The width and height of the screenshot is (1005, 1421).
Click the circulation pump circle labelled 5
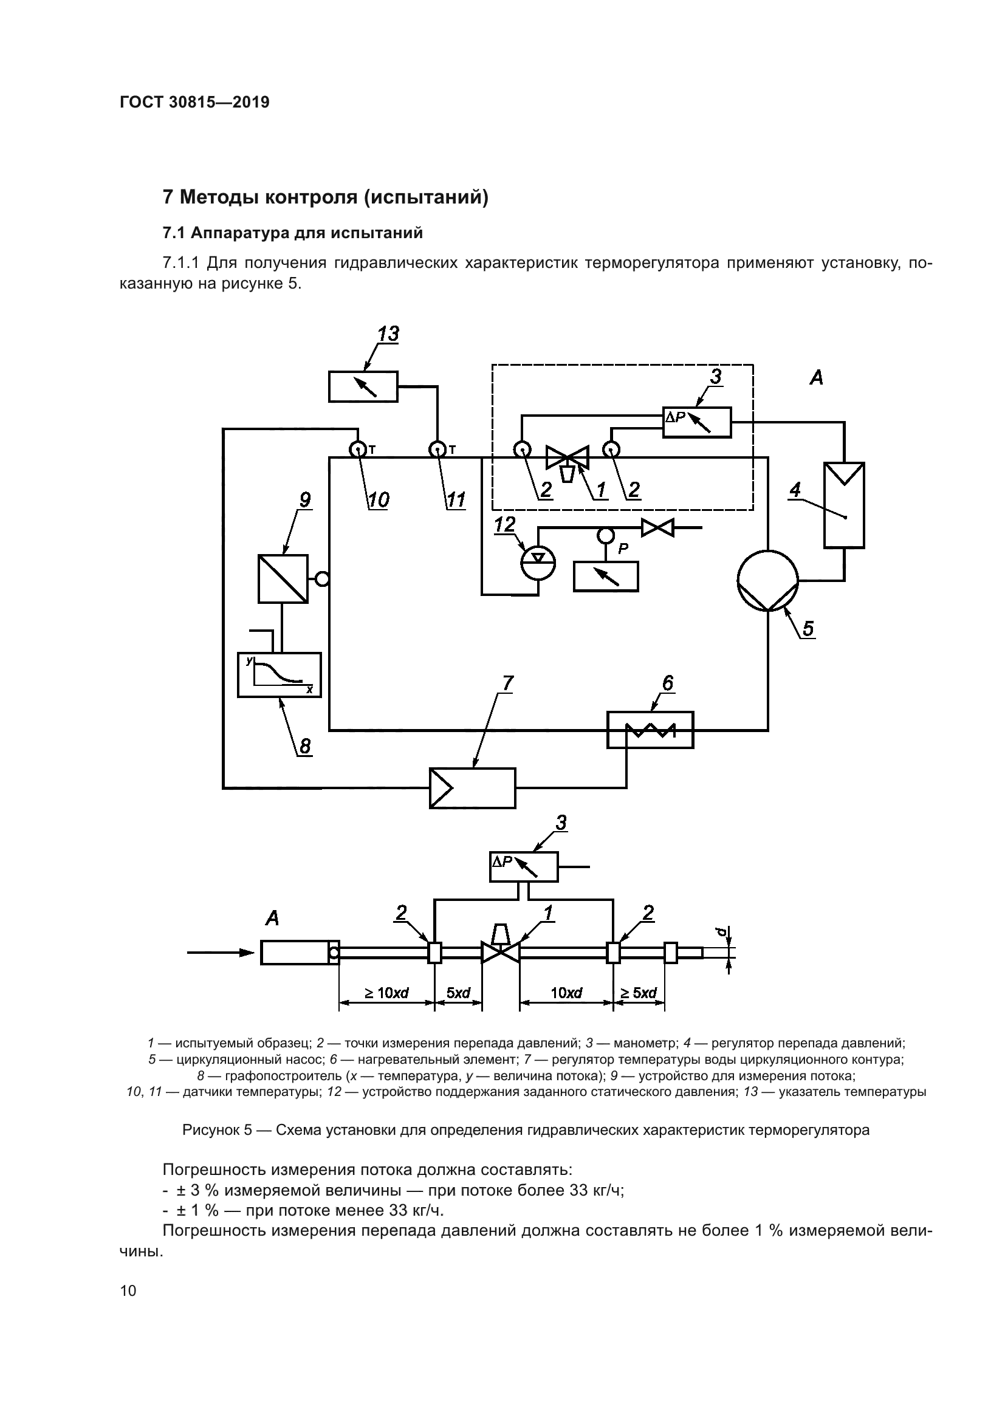click(x=767, y=580)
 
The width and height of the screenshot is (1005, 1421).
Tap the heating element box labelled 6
click(x=650, y=730)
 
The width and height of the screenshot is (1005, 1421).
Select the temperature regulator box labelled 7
click(x=473, y=788)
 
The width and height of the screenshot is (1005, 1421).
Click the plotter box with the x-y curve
click(x=280, y=674)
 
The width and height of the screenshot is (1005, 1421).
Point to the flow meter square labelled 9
click(x=283, y=579)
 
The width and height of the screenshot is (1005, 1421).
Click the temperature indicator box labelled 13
click(x=363, y=387)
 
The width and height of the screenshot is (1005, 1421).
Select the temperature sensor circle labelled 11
click(x=438, y=450)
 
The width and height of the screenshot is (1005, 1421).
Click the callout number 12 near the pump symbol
click(x=505, y=525)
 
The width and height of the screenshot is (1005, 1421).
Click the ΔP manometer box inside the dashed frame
click(x=696, y=422)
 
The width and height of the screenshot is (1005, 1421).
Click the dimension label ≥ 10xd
click(x=386, y=993)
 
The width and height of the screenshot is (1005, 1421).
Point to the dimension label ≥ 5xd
click(x=639, y=993)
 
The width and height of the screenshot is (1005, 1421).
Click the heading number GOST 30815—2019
click(x=194, y=102)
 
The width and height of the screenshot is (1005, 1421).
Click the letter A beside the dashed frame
click(x=817, y=377)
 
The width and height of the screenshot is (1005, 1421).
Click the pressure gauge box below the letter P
click(x=606, y=576)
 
